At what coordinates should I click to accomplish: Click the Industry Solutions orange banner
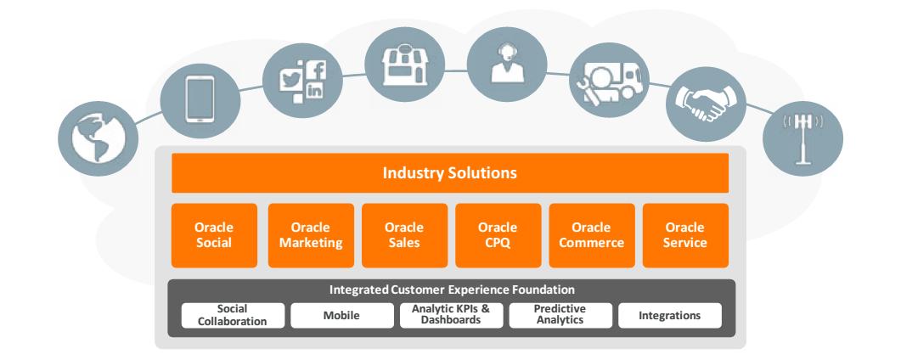tap(449, 173)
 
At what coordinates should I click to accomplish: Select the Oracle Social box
tap(214, 235)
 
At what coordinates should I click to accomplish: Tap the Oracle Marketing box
tap(311, 235)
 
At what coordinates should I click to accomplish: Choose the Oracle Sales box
tap(404, 235)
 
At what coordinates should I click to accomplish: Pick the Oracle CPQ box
tap(498, 235)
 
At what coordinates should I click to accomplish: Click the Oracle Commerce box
tap(591, 235)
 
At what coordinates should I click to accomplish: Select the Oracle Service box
tap(685, 235)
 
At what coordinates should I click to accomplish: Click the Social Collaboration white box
tap(232, 315)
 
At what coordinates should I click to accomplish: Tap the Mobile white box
tap(341, 315)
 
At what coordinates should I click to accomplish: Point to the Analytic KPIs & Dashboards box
tap(451, 315)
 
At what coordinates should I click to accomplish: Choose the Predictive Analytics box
tap(560, 315)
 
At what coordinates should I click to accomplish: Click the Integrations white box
tap(670, 315)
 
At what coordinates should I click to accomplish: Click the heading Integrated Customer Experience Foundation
tap(452, 290)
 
